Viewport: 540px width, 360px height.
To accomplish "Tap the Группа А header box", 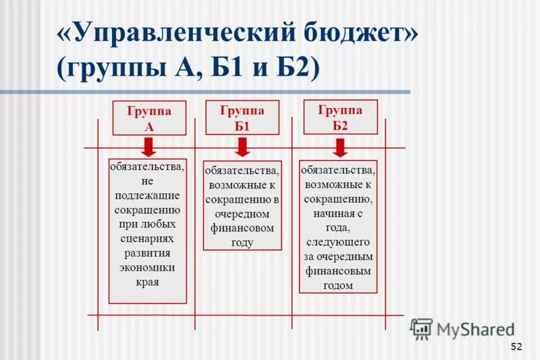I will [x=149, y=118].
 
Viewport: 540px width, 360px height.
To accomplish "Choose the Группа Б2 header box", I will [x=340, y=117].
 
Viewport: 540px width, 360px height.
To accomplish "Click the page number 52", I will [x=516, y=346].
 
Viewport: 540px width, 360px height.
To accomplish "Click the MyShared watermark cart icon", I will [x=422, y=329].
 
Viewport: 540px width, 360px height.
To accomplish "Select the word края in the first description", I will [x=147, y=282].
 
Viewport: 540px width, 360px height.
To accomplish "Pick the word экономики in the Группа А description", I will [x=147, y=267].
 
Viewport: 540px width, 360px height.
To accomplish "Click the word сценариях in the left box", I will [x=147, y=238].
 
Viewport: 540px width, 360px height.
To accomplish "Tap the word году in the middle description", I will [x=242, y=242].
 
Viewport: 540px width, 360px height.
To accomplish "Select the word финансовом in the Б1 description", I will [x=242, y=228].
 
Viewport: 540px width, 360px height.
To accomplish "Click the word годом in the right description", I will [x=338, y=285].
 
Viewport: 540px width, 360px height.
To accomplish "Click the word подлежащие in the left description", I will [x=147, y=195].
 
